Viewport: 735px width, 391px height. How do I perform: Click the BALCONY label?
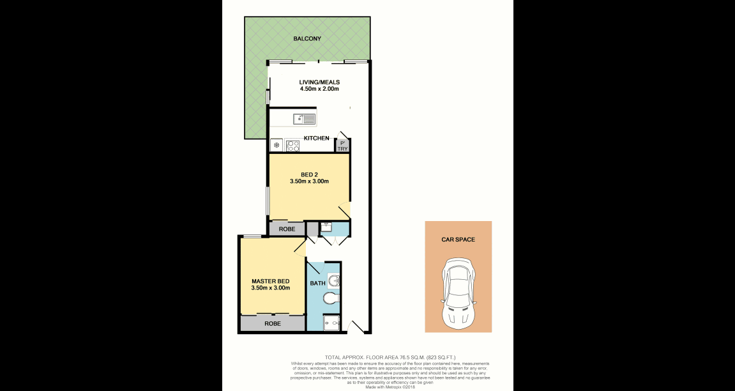coord(307,39)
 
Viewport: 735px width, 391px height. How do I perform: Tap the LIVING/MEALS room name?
coord(319,82)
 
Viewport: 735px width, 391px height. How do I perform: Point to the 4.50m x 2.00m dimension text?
coord(319,89)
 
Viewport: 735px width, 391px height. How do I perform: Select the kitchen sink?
coord(304,119)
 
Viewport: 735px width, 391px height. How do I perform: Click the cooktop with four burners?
coord(293,145)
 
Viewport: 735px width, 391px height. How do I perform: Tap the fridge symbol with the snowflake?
coord(277,145)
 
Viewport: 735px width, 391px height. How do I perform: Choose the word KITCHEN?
coord(316,138)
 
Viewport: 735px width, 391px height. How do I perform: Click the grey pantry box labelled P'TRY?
coord(343,146)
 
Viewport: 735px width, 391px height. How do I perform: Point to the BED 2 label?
coord(309,174)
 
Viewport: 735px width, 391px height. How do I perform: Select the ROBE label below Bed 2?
coord(286,228)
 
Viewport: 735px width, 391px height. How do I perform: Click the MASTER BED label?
coord(270,281)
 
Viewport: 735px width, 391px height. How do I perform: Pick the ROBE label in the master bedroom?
coord(273,324)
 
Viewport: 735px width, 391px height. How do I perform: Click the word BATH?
coord(317,283)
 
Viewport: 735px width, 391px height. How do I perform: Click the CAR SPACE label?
coord(458,240)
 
